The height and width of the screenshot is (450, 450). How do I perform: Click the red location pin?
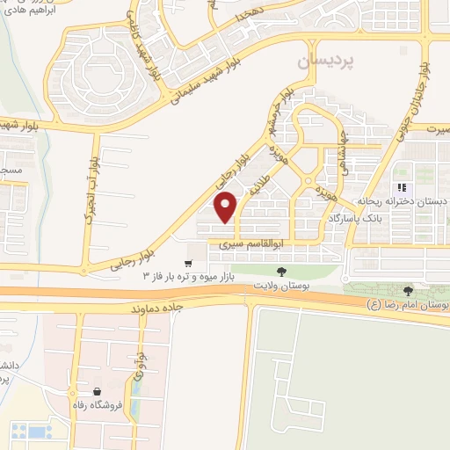click(x=226, y=207)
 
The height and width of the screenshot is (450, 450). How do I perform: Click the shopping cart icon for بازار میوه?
click(x=188, y=263)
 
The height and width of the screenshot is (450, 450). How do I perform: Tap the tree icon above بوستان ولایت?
click(x=281, y=272)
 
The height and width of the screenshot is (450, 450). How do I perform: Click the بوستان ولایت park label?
click(x=282, y=286)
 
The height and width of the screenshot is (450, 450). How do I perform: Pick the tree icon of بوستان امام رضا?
click(x=407, y=291)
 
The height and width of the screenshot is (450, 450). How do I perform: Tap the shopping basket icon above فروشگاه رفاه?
click(x=96, y=392)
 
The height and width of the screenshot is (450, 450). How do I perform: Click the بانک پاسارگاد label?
click(x=359, y=215)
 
